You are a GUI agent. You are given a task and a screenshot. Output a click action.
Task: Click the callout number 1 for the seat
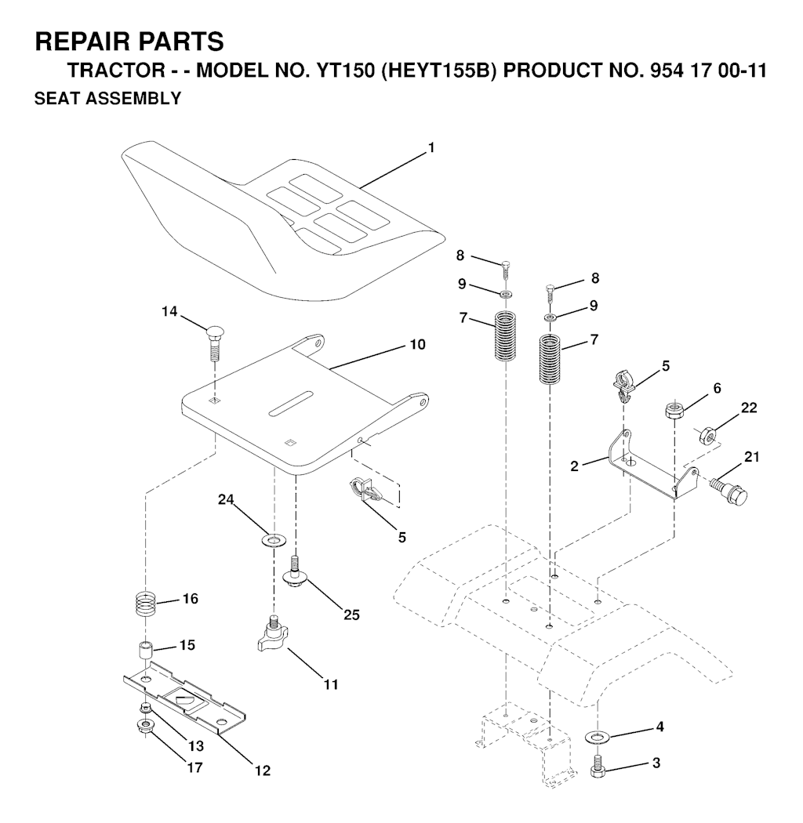click(x=431, y=147)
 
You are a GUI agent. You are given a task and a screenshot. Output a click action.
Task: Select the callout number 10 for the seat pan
click(x=418, y=344)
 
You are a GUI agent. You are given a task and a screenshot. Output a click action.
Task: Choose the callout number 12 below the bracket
click(x=262, y=770)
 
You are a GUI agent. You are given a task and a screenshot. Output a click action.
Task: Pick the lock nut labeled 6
click(x=672, y=409)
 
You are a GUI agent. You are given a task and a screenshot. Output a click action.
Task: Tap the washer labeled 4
click(x=600, y=737)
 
